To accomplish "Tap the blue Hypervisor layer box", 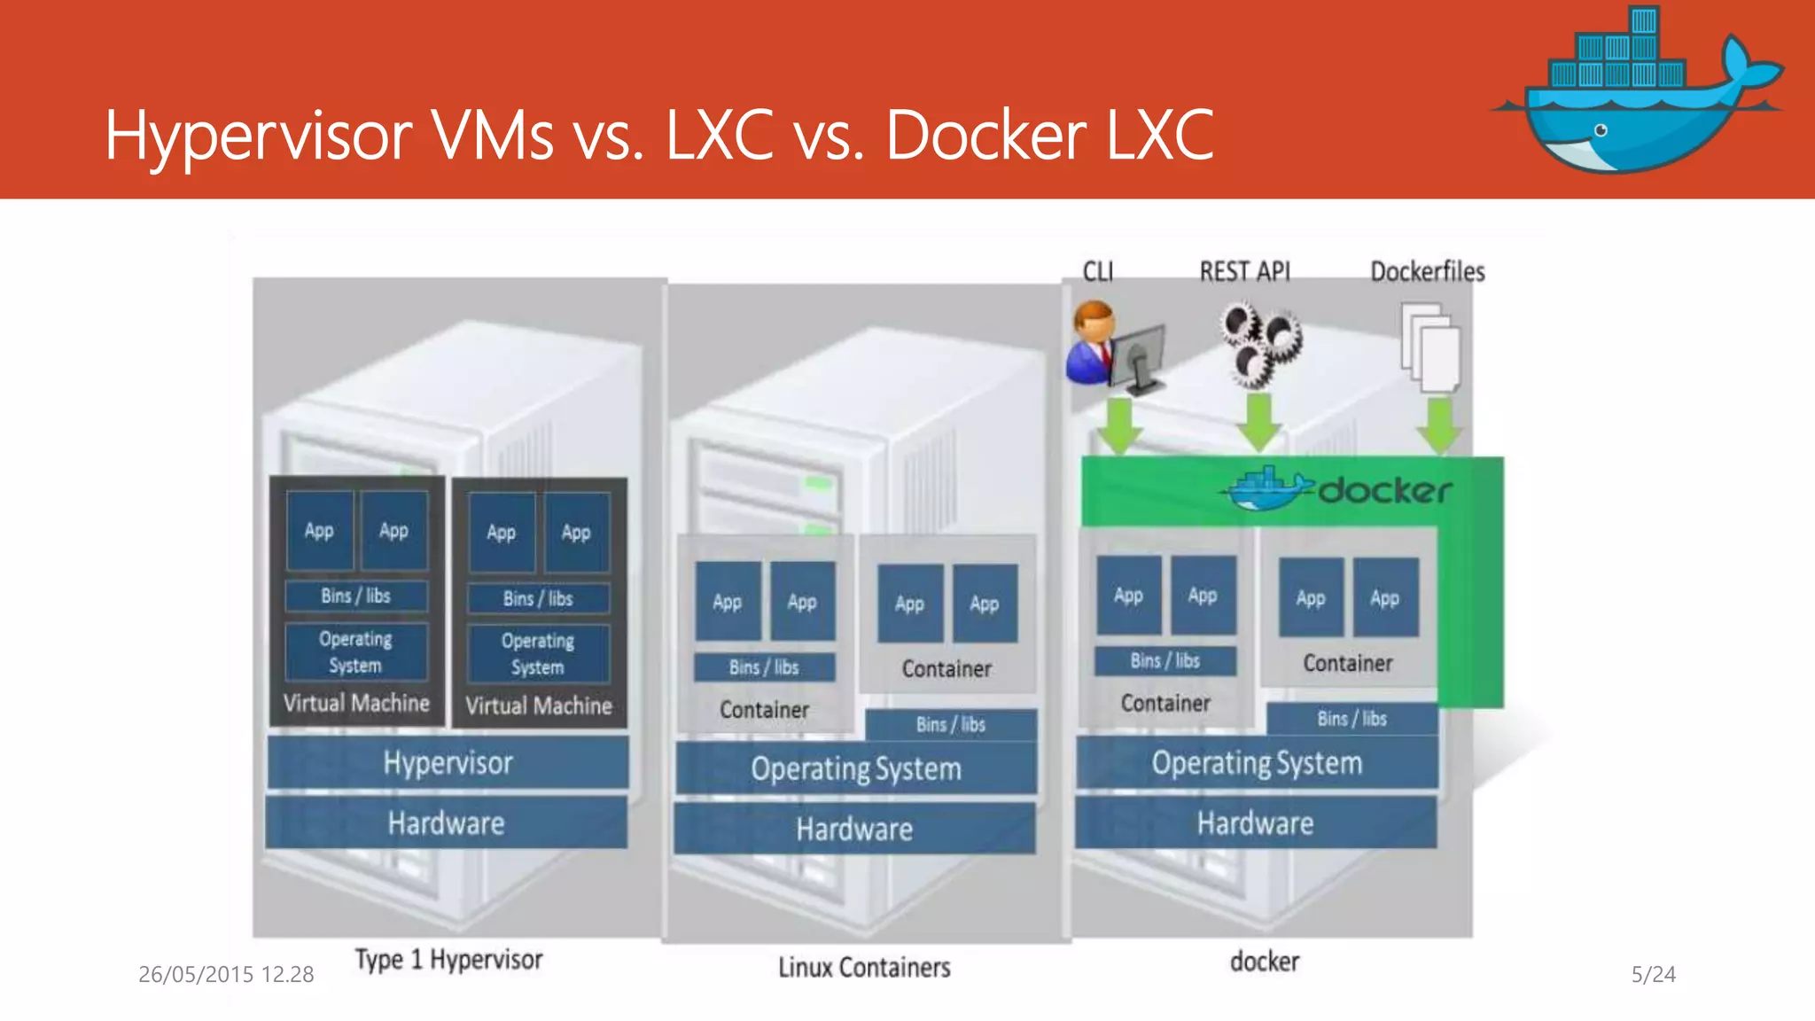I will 448,763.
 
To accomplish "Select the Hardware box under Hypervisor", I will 447,823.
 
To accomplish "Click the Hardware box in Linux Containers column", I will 854,830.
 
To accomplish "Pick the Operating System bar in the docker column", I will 1257,763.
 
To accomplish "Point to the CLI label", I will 1098,271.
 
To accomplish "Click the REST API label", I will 1245,271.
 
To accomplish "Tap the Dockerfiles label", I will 1428,271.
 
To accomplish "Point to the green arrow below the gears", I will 1259,423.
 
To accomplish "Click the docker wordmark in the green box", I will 1385,490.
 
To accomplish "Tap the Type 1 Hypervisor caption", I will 448,960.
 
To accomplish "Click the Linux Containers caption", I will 864,967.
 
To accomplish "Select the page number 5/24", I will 1653,975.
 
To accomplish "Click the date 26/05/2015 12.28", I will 226,975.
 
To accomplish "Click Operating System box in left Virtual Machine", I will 355,651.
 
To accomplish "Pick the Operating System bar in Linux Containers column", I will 856,768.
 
